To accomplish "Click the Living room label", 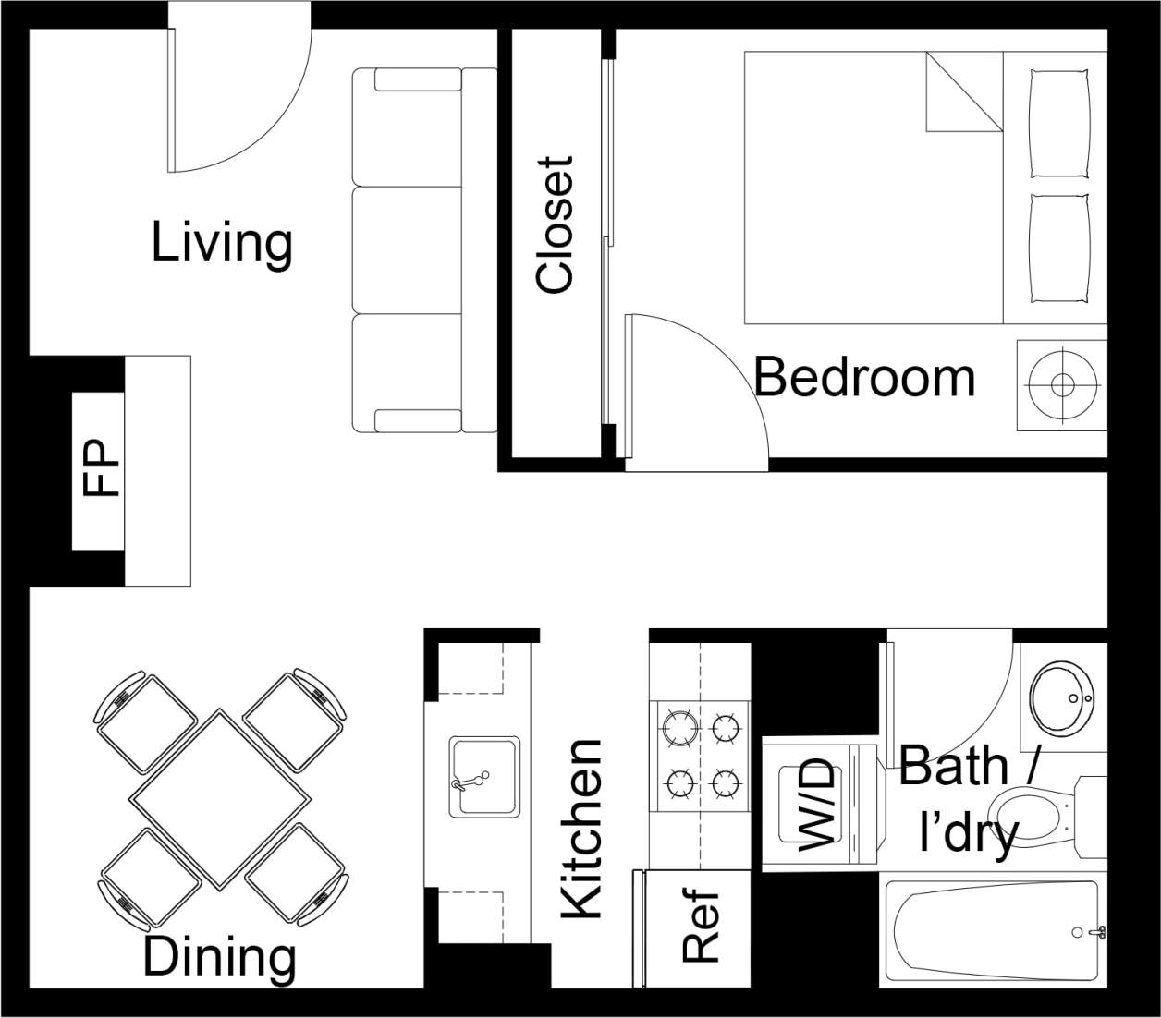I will [x=222, y=242].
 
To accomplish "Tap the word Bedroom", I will [x=864, y=378].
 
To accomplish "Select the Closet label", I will [x=556, y=224].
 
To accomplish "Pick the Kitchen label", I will [x=582, y=829].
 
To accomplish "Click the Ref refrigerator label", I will [x=701, y=927].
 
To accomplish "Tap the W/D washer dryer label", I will [x=816, y=804].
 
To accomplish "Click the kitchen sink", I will [x=483, y=776].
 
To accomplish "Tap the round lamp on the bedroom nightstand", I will [x=1062, y=384].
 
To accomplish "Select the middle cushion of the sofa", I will [x=407, y=249].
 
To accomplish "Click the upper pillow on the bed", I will [x=1060, y=123].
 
